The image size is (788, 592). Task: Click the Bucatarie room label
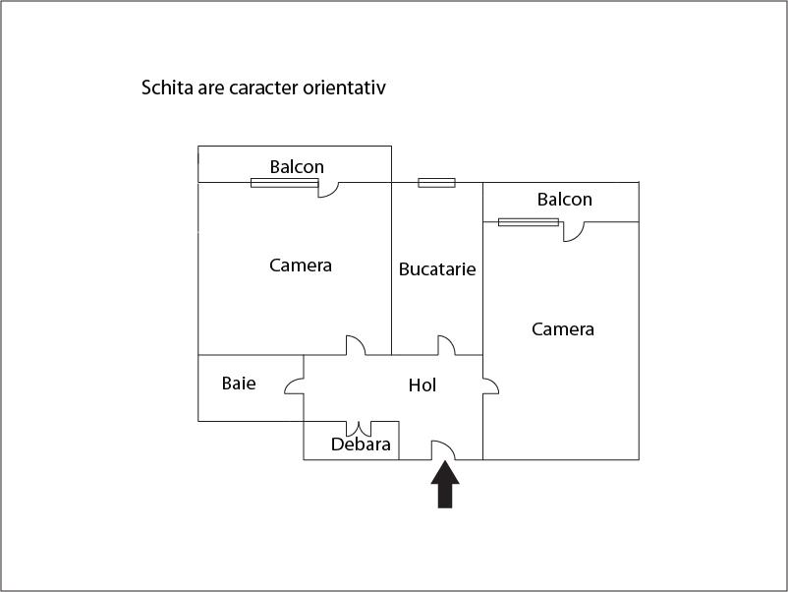(x=437, y=269)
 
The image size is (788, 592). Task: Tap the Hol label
(x=422, y=385)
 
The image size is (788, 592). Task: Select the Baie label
(x=239, y=384)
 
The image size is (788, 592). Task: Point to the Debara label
(x=361, y=444)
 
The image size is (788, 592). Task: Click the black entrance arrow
(x=445, y=485)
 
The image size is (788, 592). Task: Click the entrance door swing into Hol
(x=443, y=449)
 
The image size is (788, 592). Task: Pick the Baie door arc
(x=294, y=385)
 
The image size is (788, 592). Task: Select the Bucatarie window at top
(x=436, y=183)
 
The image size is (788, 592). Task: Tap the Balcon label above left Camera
(x=297, y=166)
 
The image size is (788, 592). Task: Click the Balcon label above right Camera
(x=564, y=200)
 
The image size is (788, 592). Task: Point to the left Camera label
(x=301, y=266)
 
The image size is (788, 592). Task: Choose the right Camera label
(x=563, y=329)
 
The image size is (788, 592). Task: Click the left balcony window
(x=284, y=183)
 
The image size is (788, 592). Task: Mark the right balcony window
(x=529, y=222)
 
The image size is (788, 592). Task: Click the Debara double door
(x=359, y=429)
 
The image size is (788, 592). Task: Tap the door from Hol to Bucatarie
(x=446, y=345)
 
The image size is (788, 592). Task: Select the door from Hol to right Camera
(x=491, y=385)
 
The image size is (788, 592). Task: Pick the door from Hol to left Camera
(x=356, y=345)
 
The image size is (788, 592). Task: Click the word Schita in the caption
(x=167, y=88)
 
